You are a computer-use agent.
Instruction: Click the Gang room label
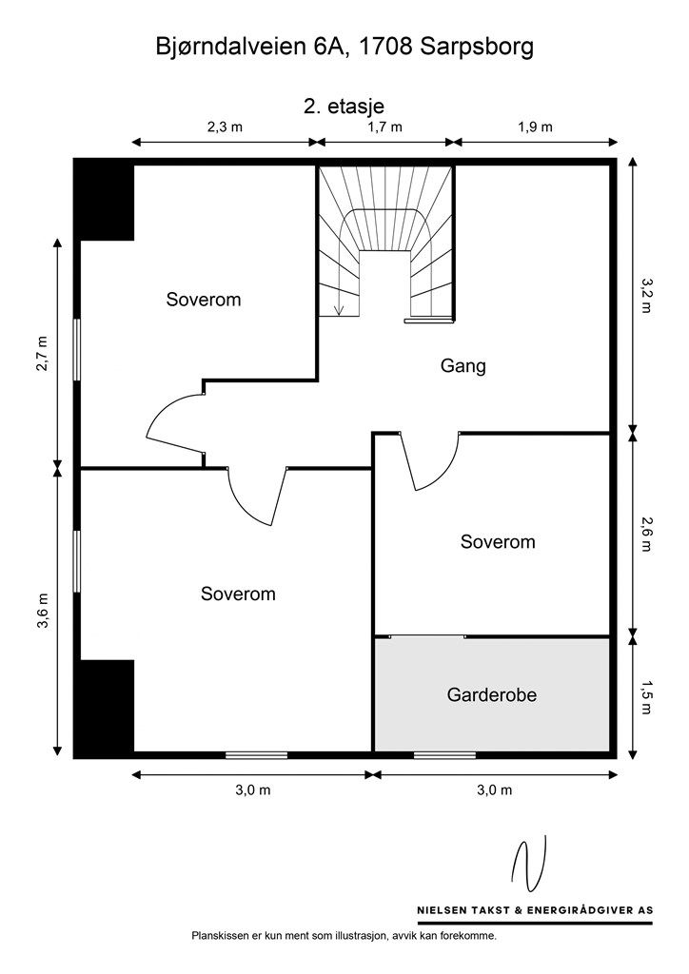point(463,365)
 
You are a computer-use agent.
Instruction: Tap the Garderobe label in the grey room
point(491,695)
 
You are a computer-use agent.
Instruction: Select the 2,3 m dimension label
point(225,127)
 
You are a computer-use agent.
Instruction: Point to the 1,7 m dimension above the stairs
point(384,127)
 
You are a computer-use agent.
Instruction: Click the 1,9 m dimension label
point(535,127)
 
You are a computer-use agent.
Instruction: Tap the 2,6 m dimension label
point(648,534)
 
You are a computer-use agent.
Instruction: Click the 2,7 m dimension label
point(42,355)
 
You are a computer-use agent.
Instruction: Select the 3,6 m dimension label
point(42,611)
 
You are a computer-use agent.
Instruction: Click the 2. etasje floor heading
point(344,107)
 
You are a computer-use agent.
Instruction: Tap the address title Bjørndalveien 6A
point(344,48)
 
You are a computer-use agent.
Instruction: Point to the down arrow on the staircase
point(340,308)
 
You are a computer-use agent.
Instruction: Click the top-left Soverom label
point(203,300)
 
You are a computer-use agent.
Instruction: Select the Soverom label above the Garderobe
point(498,542)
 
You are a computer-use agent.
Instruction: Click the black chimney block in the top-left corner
point(105,200)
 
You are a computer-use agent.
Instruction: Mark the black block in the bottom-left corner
point(105,708)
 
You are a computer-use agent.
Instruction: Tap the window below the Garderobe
point(444,755)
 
